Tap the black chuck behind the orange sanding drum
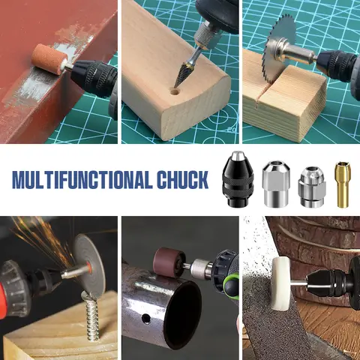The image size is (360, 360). point(93,73)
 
